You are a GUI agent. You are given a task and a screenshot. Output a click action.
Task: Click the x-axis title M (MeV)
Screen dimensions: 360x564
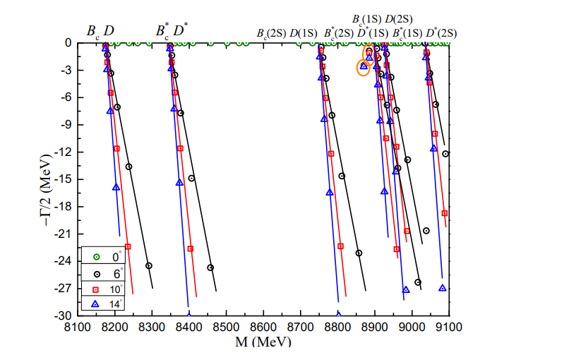(263, 342)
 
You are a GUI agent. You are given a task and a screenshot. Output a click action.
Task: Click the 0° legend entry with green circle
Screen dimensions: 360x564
(106, 257)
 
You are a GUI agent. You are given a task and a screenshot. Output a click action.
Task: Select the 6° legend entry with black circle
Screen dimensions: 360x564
(106, 273)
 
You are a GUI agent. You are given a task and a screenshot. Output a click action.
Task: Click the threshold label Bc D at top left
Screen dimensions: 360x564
(100, 31)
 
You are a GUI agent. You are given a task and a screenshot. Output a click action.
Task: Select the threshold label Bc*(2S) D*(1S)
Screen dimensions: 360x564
(356, 32)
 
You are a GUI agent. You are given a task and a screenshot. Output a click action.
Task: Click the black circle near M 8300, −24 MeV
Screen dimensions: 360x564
(149, 266)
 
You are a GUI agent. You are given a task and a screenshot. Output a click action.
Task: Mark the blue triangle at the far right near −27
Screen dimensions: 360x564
(443, 288)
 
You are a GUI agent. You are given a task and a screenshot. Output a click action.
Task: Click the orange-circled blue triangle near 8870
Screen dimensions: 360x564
(364, 66)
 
